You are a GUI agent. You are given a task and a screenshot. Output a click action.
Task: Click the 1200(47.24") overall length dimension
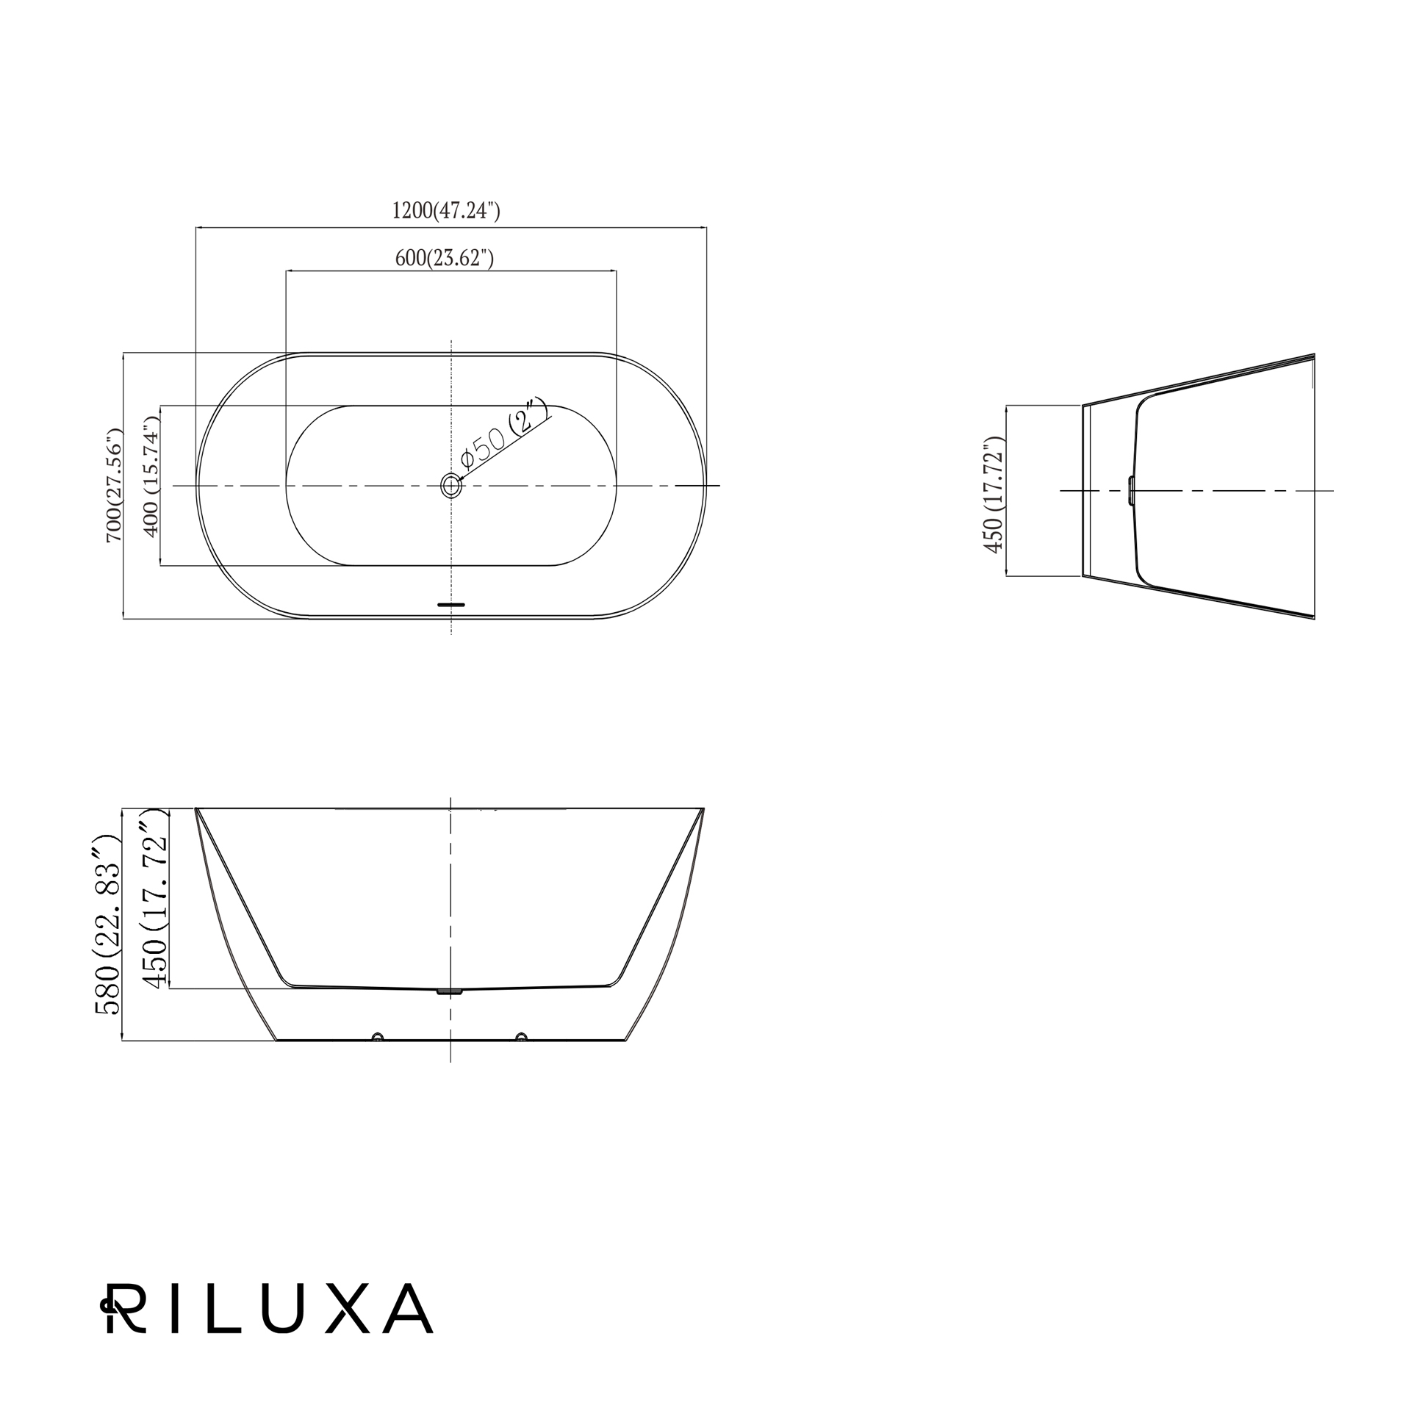point(446,211)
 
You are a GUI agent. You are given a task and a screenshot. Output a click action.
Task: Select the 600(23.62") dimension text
point(445,258)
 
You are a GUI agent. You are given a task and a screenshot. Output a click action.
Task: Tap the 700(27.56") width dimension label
point(115,486)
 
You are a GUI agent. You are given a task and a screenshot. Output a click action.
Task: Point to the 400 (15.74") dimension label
point(151,477)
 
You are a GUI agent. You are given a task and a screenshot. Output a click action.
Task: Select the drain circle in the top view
point(450,486)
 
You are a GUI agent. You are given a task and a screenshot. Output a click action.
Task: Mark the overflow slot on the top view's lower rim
point(451,605)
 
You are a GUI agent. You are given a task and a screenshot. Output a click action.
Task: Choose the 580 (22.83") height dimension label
point(107,924)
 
